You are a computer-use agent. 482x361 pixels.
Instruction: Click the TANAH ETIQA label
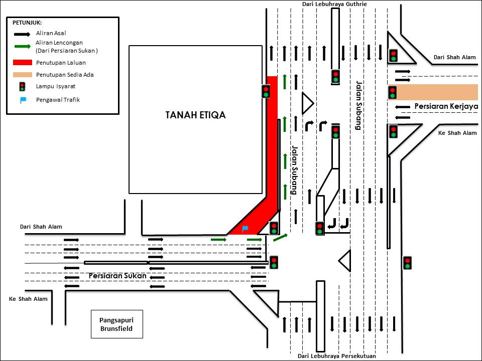coord(195,115)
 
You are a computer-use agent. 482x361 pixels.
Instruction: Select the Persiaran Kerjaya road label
coord(445,106)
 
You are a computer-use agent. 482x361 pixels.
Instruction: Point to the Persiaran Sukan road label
coord(117,276)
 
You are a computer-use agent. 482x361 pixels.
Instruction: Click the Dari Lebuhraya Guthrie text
coord(334,4)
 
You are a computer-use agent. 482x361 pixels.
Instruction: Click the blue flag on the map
coord(245,229)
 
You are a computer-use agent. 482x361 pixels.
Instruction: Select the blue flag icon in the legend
coord(23,100)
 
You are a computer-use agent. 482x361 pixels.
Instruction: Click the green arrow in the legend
coord(22,47)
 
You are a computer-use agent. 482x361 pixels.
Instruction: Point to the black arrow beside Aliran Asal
coord(22,34)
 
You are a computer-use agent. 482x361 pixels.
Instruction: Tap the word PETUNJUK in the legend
coord(27,23)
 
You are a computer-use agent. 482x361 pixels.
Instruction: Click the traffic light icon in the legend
coord(22,87)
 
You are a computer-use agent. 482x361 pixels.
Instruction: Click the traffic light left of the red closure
coord(266,91)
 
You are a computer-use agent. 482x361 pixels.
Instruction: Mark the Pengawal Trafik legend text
coord(58,100)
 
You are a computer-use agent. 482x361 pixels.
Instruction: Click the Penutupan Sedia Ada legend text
coord(65,75)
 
